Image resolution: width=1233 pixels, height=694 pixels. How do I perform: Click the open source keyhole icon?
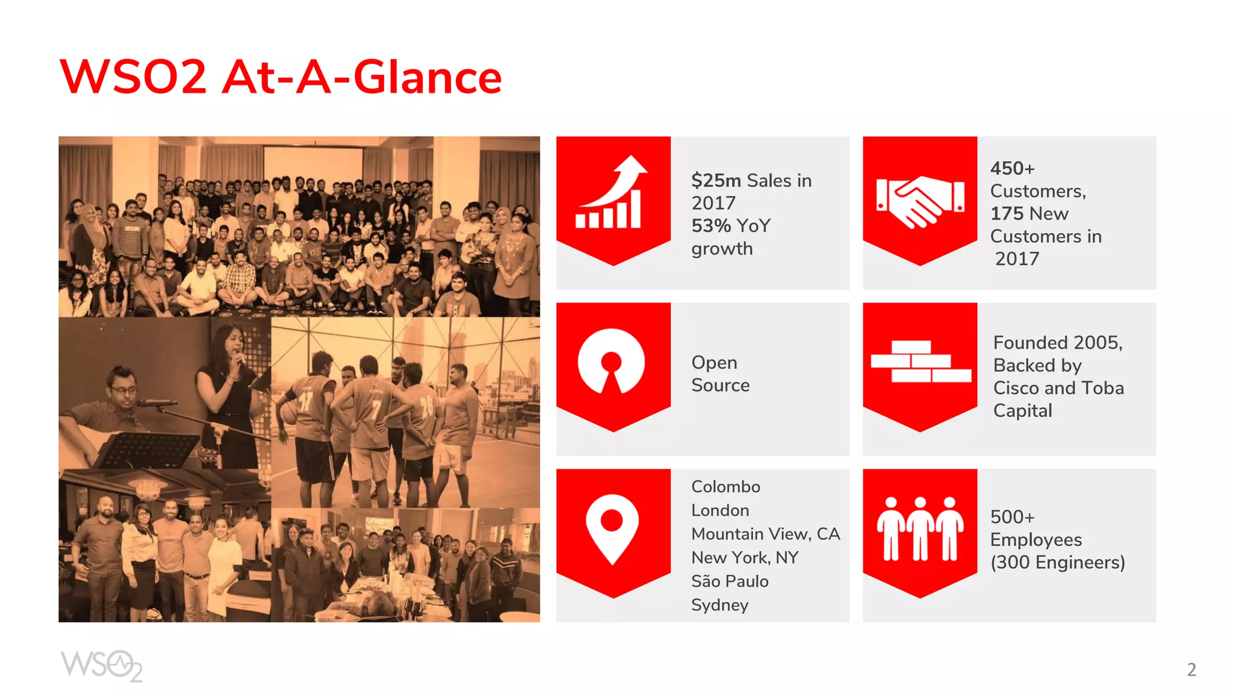coord(611,361)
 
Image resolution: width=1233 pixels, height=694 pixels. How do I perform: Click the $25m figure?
coord(716,180)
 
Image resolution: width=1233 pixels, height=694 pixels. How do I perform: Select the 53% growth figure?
coord(711,226)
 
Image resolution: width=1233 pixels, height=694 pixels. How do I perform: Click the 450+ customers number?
coord(1012,168)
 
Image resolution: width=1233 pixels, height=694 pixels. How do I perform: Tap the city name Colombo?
coord(725,487)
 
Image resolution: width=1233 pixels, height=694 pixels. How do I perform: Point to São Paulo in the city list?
coord(730,581)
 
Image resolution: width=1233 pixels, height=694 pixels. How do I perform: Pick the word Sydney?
coord(719,605)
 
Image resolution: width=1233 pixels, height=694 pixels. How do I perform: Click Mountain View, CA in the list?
coord(765,534)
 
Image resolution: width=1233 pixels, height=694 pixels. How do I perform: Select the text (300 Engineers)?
coord(1057,563)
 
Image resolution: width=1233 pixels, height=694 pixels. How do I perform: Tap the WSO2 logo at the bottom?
coord(101,666)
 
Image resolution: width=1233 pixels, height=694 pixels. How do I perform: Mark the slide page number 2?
coord(1191,670)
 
